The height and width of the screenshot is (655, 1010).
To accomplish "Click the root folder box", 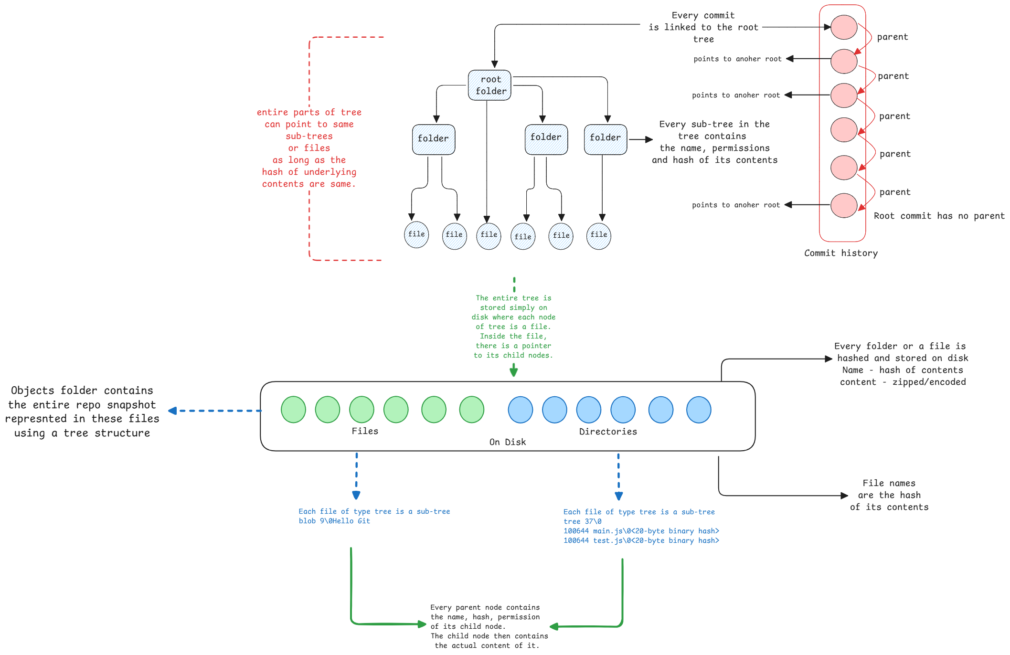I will click(x=489, y=85).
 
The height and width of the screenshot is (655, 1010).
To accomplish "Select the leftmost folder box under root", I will click(x=434, y=139).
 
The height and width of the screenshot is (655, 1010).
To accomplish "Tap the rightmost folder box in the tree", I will click(x=606, y=139).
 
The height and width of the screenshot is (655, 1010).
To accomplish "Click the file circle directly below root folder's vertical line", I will click(x=489, y=236).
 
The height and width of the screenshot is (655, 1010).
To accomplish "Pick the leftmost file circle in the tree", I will click(x=416, y=235).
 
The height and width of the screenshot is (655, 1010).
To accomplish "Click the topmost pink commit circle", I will click(x=844, y=27).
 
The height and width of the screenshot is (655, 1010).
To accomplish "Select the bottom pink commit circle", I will click(x=844, y=205).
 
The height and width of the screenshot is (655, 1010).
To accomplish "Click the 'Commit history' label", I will click(x=840, y=254).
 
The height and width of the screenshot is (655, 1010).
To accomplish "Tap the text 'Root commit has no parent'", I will click(x=939, y=216).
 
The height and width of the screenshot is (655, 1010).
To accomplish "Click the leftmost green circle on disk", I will click(x=293, y=410).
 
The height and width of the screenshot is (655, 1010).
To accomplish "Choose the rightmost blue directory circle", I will click(x=699, y=410).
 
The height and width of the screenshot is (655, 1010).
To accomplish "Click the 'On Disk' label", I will click(x=507, y=443).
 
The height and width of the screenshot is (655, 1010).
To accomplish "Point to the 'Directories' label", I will click(x=608, y=432).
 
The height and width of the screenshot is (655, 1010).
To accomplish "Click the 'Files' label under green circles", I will click(x=365, y=431).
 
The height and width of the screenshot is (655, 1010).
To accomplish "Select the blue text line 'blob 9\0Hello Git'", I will click(x=334, y=521).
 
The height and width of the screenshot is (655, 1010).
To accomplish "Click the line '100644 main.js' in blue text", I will click(x=641, y=531).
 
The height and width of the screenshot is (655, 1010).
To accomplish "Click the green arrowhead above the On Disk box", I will click(x=514, y=372).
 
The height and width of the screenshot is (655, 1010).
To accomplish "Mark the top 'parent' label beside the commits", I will click(x=892, y=37).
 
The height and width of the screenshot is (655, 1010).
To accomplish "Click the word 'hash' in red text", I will click(x=272, y=172).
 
